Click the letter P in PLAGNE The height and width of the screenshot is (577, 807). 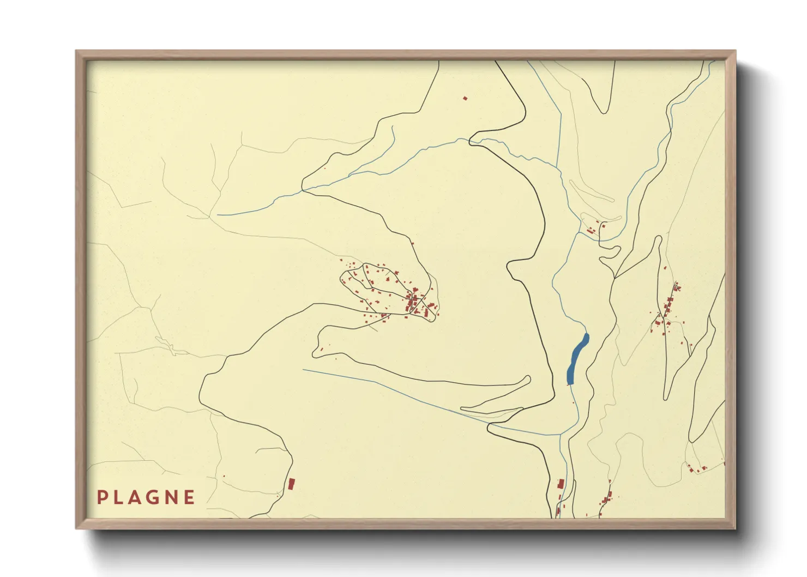click(x=101, y=497)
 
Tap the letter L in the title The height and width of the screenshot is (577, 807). click(x=119, y=497)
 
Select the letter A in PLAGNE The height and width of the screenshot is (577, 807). click(x=136, y=497)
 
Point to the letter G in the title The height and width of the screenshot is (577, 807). click(x=154, y=497)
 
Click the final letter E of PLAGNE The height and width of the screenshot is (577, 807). click(x=189, y=497)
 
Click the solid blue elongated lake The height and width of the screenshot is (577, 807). click(x=577, y=358)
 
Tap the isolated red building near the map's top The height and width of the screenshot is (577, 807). click(x=465, y=98)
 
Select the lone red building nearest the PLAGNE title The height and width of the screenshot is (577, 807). click(x=291, y=483)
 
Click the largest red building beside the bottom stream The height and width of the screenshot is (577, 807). click(x=561, y=483)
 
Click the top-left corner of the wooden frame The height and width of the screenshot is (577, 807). click(x=77, y=52)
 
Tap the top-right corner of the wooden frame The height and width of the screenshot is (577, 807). click(x=734, y=52)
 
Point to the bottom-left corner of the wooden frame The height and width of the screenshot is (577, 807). click(x=77, y=527)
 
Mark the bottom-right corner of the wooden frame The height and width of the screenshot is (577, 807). click(x=734, y=527)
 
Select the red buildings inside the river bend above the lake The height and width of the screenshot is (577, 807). click(x=594, y=229)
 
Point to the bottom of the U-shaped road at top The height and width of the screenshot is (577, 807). click(x=603, y=112)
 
